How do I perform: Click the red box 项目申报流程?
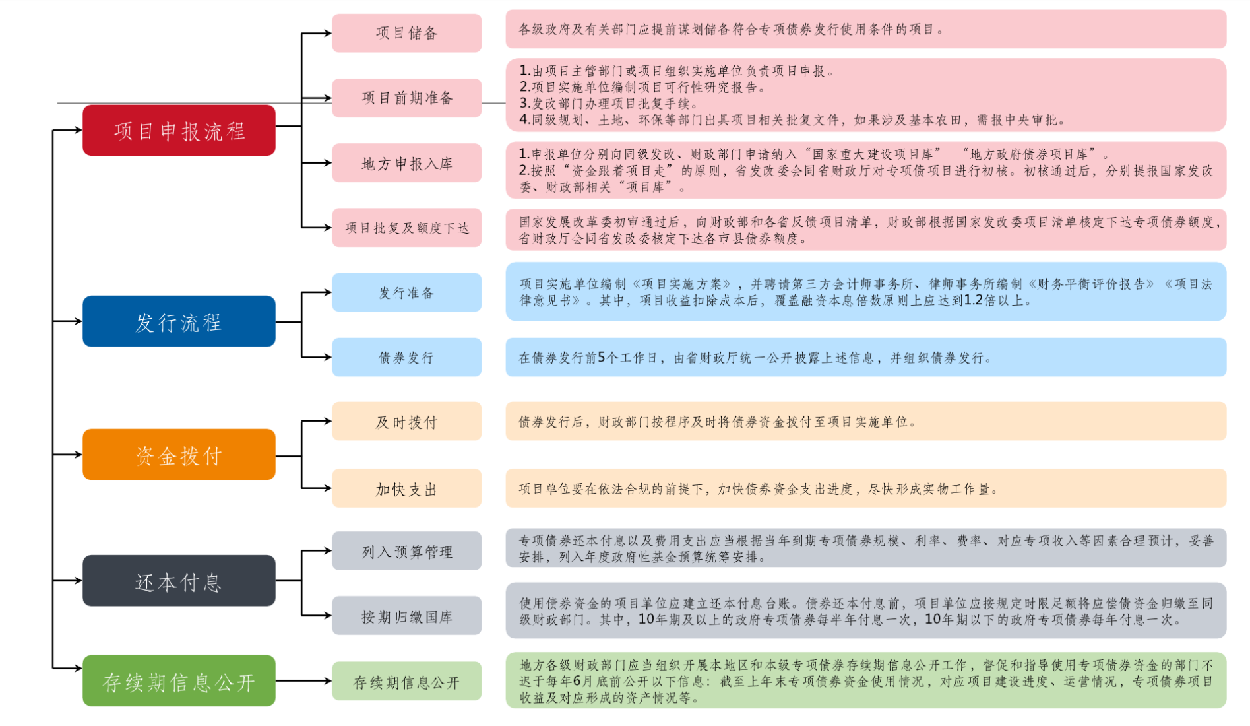pos(179,130)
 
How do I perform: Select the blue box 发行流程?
pos(179,321)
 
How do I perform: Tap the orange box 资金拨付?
pos(179,455)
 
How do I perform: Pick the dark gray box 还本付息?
pos(179,581)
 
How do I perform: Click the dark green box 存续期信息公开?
pos(179,681)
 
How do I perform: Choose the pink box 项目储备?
pos(406,33)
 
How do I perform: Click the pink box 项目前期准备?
pos(406,98)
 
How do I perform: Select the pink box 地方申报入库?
pos(406,163)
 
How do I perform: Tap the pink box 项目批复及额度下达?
pos(406,228)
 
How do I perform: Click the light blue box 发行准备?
pos(406,292)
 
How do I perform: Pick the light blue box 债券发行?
pos(406,357)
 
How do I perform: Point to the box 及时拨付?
pos(406,422)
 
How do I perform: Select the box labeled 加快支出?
pos(406,488)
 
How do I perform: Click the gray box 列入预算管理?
pos(406,551)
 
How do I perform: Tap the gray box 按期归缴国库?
pos(406,616)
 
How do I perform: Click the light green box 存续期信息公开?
pos(406,681)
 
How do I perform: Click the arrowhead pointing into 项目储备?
pos(327,33)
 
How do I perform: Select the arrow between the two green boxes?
pos(303,681)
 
